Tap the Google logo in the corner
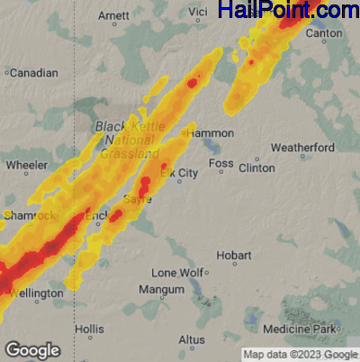(32, 349)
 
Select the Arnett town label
(113, 16)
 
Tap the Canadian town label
(33, 73)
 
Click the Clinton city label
(256, 167)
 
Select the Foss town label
(220, 163)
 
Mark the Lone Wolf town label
(176, 272)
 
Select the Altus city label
(192, 339)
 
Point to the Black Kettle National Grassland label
(124, 140)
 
